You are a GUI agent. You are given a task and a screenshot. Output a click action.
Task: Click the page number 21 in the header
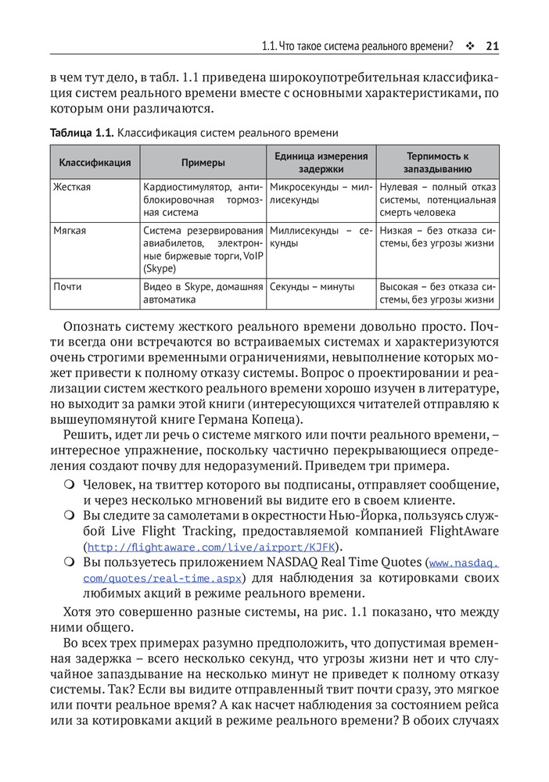[492, 46]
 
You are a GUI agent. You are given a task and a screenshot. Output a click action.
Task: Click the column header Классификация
[95, 163]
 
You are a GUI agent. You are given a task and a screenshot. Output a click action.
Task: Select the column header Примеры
[203, 163]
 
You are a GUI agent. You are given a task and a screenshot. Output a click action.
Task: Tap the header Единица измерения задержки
[321, 163]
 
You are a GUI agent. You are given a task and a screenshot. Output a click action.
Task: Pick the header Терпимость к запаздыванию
[437, 163]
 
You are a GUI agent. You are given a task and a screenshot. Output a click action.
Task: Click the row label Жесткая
[72, 188]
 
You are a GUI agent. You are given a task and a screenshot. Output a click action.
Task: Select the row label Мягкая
[70, 231]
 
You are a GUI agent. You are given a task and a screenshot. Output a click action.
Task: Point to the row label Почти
[67, 287]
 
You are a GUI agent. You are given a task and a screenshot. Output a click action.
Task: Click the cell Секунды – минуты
[312, 287]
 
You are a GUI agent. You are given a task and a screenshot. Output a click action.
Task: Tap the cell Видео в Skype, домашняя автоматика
[203, 293]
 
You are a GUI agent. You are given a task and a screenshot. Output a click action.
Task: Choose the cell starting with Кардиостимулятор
[203, 199]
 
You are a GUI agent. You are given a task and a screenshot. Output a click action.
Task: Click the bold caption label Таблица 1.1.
[81, 133]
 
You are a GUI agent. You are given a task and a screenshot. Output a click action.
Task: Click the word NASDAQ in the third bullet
[316, 563]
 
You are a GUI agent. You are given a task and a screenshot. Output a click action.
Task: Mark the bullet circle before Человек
[70, 485]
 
